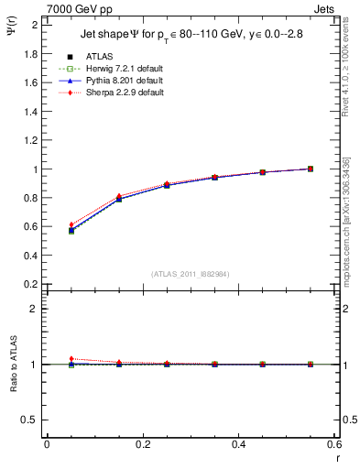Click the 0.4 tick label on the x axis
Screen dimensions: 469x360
pyautogui.click(x=238, y=444)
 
